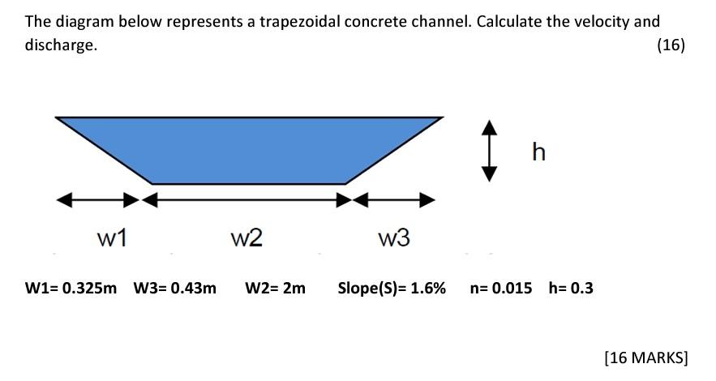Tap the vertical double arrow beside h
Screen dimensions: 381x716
pyautogui.click(x=489, y=150)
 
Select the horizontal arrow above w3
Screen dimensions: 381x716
pyautogui.click(x=394, y=199)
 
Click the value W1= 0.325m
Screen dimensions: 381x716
pyautogui.click(x=71, y=288)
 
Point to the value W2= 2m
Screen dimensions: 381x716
pyautogui.click(x=275, y=288)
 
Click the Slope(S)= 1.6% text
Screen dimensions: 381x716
pyautogui.click(x=392, y=288)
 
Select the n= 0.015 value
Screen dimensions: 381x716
pyautogui.click(x=500, y=288)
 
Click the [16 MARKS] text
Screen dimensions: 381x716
pyautogui.click(x=645, y=357)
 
